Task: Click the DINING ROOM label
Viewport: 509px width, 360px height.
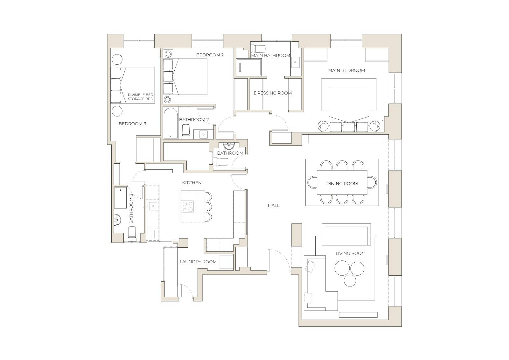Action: [x=342, y=184]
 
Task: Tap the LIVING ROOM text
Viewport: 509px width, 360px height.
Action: [x=350, y=253]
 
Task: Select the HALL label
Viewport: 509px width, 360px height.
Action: [x=274, y=205]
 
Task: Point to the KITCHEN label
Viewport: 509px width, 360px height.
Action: [x=192, y=183]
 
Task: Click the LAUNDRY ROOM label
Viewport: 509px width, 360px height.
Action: [x=198, y=262]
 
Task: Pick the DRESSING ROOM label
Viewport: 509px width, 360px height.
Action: [x=273, y=93]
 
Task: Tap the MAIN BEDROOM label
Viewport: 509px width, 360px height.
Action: [x=346, y=70]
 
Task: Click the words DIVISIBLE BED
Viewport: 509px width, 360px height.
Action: [x=140, y=95]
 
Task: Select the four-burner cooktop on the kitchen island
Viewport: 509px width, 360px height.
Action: [x=187, y=207]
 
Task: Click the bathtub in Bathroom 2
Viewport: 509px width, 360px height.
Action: [x=171, y=123]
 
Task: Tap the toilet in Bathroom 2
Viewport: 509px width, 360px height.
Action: [x=186, y=132]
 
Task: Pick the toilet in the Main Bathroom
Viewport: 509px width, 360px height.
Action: [x=258, y=48]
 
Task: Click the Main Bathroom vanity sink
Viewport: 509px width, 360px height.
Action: [x=295, y=62]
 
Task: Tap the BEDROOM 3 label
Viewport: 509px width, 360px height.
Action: [x=132, y=124]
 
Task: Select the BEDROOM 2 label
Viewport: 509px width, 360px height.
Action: [x=210, y=55]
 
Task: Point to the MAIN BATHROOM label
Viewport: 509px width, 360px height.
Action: [x=270, y=55]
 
